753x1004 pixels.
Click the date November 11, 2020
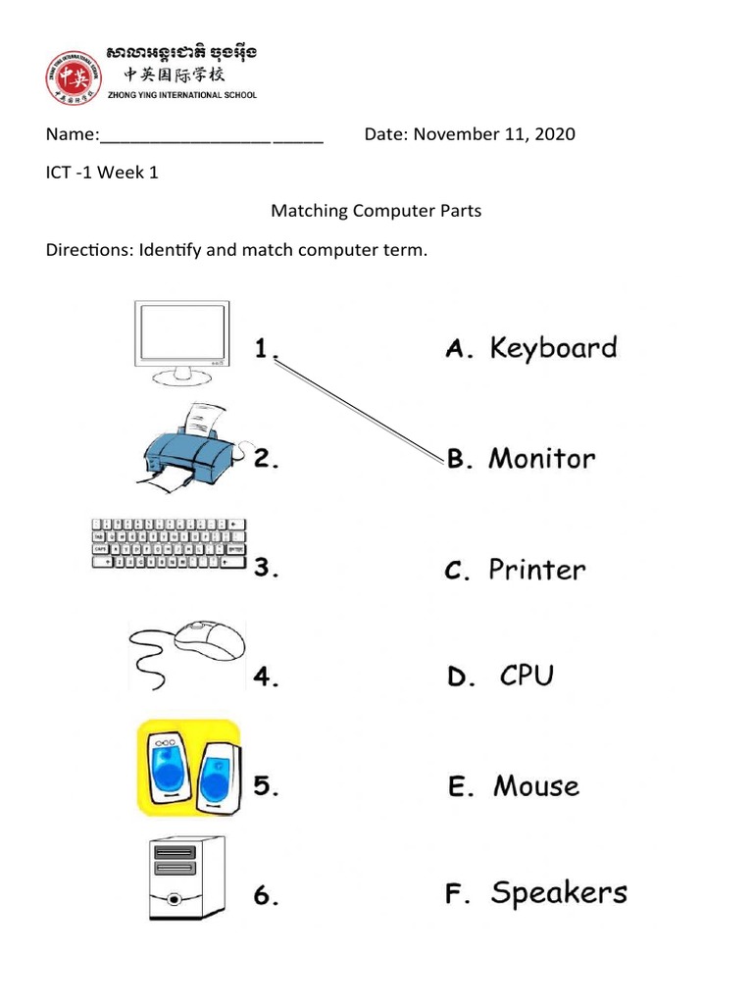pyautogui.click(x=494, y=133)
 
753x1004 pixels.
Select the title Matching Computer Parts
pyautogui.click(x=376, y=211)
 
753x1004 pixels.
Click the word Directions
pyautogui.click(x=87, y=250)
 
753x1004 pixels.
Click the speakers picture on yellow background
pyautogui.click(x=188, y=768)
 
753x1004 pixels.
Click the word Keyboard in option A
pyautogui.click(x=553, y=349)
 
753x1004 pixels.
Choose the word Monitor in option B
pyautogui.click(x=541, y=458)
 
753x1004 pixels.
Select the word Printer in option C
pyautogui.click(x=537, y=570)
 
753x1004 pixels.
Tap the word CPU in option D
pyautogui.click(x=527, y=676)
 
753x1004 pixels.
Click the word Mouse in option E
pyautogui.click(x=536, y=786)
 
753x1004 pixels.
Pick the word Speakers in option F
pyautogui.click(x=559, y=893)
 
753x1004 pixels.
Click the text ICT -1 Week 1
pyautogui.click(x=102, y=173)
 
